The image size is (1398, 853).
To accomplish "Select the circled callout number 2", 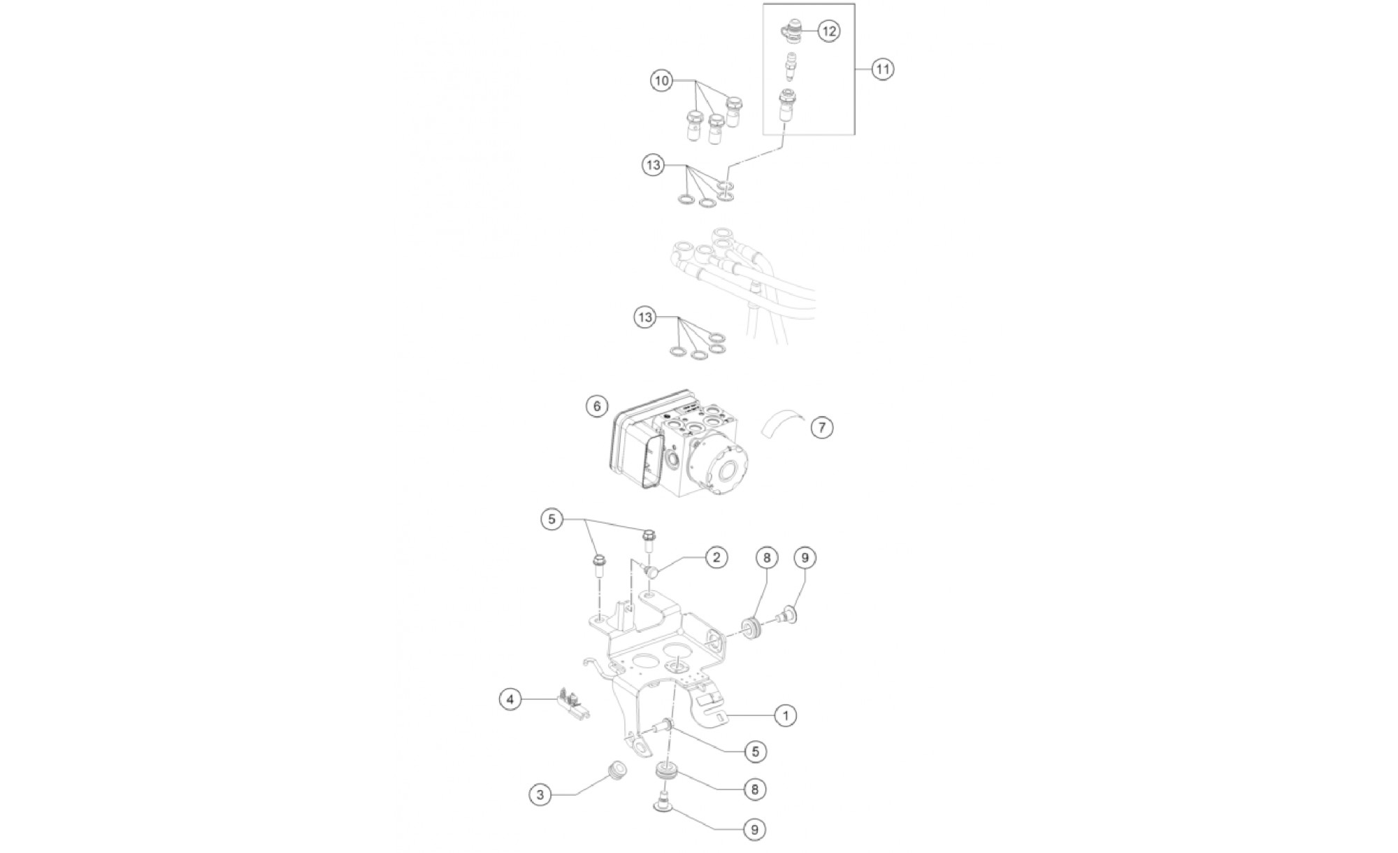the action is click(x=716, y=557).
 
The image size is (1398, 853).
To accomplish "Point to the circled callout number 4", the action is click(x=510, y=698).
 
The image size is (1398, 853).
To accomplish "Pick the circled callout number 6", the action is click(x=597, y=406).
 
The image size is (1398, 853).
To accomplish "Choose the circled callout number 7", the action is click(x=822, y=426).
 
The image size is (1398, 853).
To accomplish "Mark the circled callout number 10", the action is click(x=661, y=81).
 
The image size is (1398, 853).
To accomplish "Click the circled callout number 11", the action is click(x=883, y=69).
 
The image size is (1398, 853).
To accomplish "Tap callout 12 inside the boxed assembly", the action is click(x=828, y=31).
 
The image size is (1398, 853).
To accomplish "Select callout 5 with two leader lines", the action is click(x=552, y=520).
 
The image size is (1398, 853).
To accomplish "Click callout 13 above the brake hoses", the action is click(x=653, y=166).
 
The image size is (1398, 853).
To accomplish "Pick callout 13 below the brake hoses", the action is click(x=645, y=317).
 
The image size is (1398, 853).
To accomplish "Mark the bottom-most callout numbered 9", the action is click(x=754, y=829).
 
